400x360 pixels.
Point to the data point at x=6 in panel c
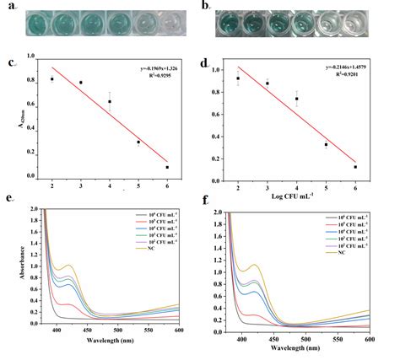click(x=167, y=167)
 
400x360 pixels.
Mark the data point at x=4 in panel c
click(x=110, y=102)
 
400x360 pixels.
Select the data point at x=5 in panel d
click(x=326, y=145)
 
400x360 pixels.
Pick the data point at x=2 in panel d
click(x=239, y=78)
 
